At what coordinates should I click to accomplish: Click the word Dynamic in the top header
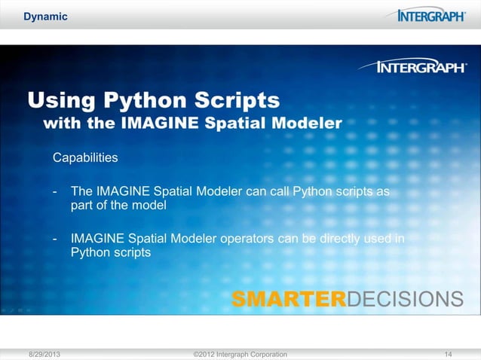pyautogui.click(x=45, y=17)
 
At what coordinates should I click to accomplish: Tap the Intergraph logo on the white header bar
pyautogui.click(x=431, y=16)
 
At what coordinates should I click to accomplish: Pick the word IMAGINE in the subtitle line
pyautogui.click(x=167, y=123)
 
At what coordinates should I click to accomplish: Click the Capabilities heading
pyautogui.click(x=84, y=158)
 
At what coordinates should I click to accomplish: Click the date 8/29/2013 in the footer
pyautogui.click(x=46, y=353)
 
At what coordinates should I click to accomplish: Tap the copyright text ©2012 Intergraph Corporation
pyautogui.click(x=240, y=353)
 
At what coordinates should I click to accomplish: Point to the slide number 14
pyautogui.click(x=449, y=353)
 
